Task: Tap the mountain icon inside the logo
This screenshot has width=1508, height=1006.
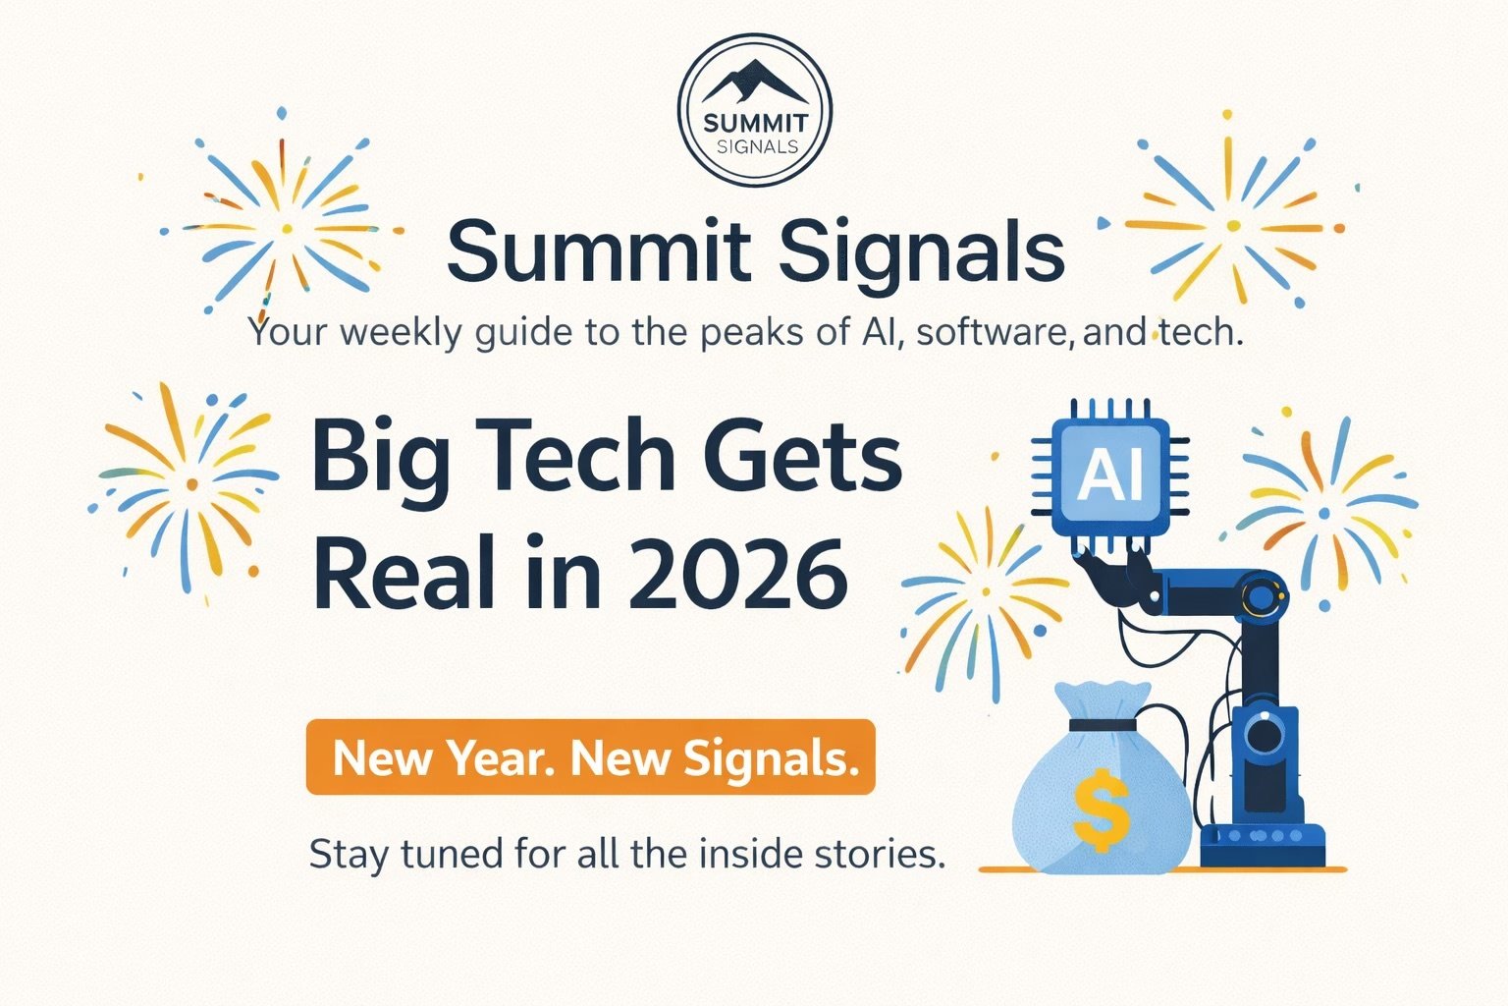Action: [x=754, y=82]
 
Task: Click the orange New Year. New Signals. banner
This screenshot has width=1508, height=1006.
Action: [x=590, y=757]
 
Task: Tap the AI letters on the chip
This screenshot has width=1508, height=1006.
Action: [x=1110, y=476]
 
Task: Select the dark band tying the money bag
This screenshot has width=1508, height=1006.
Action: [x=1102, y=725]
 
